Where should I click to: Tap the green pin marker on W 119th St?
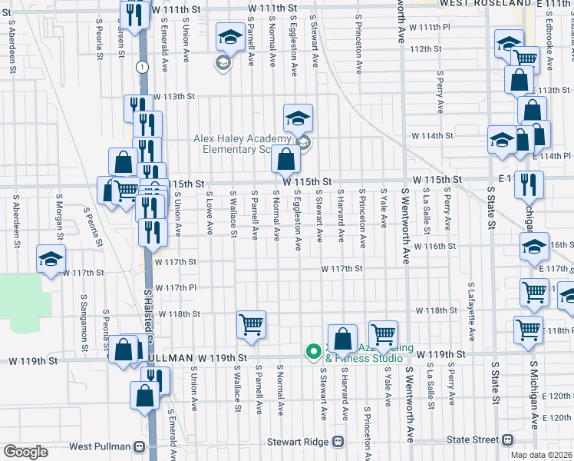[x=313, y=352]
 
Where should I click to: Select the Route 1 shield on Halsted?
[x=141, y=68]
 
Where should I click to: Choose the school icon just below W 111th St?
[x=229, y=36]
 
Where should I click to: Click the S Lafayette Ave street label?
[x=472, y=314]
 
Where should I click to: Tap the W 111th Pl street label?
[x=429, y=27]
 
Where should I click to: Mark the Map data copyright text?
[x=544, y=454]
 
